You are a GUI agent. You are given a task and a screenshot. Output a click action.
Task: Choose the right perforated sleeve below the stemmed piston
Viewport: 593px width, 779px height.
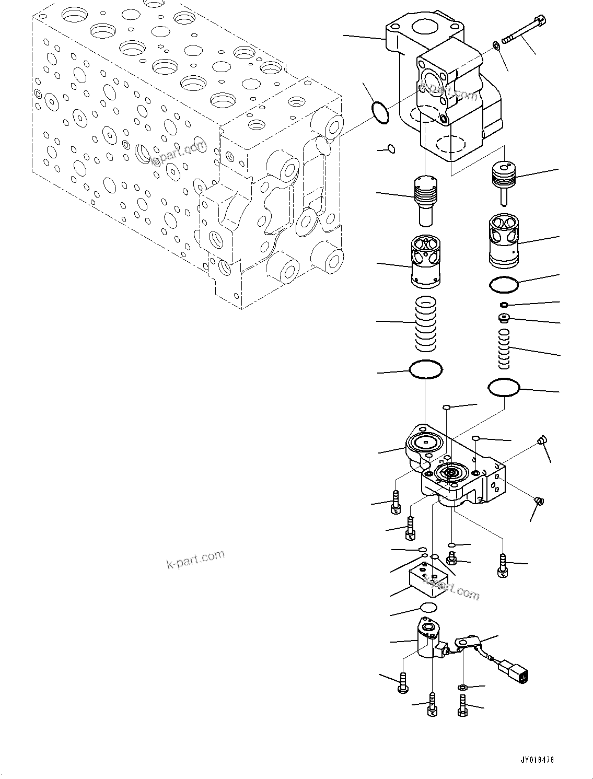[504, 240]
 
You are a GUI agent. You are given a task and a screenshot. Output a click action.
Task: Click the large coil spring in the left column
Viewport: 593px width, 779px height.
[425, 323]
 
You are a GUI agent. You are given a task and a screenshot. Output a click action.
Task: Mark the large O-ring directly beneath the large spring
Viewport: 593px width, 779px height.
[426, 370]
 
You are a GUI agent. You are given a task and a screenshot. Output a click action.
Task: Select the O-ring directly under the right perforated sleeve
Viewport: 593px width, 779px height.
[504, 284]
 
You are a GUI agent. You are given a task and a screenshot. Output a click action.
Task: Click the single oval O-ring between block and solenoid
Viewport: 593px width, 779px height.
[428, 607]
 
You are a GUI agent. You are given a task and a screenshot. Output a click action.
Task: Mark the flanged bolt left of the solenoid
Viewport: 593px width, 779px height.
[402, 682]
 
